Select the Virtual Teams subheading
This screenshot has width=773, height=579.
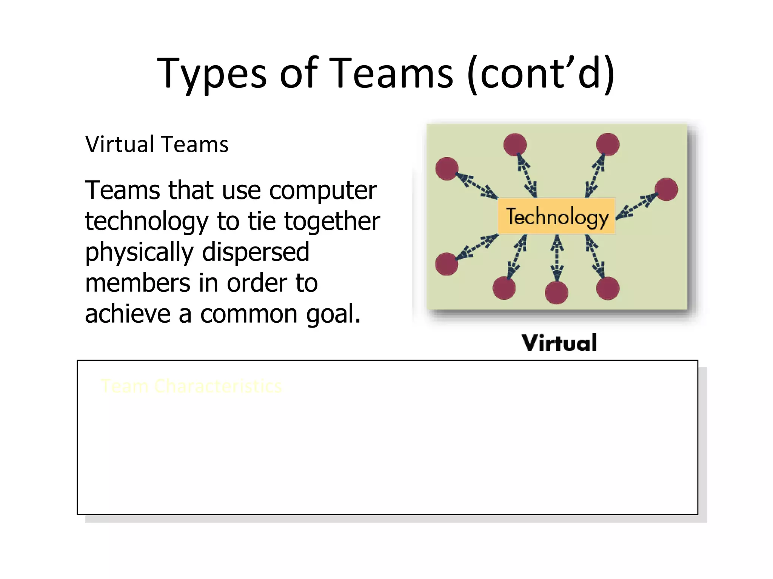click(x=157, y=144)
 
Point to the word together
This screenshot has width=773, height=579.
click(x=332, y=222)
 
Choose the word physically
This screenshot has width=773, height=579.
click(x=139, y=253)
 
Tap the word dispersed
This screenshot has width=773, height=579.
click(x=256, y=253)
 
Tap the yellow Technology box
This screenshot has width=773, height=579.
click(x=557, y=216)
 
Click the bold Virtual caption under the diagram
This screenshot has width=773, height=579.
click(x=559, y=343)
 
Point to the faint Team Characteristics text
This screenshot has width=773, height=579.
click(x=191, y=386)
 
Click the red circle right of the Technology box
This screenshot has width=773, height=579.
click(x=666, y=189)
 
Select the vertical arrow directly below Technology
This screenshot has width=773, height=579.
click(x=557, y=258)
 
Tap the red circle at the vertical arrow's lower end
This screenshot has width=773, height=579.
click(x=556, y=293)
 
